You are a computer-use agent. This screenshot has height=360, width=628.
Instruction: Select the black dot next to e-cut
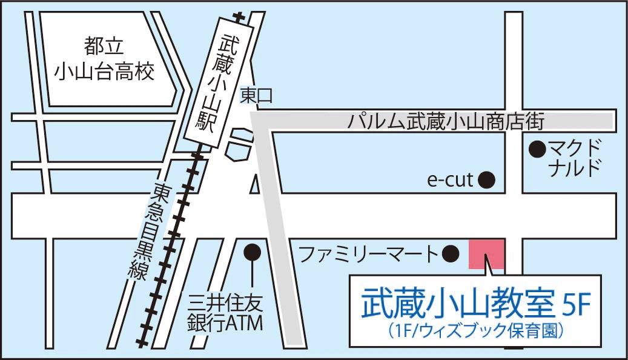[x=487, y=179]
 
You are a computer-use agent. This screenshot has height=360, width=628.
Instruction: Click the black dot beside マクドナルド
[x=536, y=147]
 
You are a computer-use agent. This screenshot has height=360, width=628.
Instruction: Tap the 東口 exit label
[x=257, y=95]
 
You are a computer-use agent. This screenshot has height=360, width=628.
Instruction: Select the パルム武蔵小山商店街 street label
[x=447, y=121]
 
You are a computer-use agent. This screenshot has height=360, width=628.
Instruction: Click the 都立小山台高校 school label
[x=104, y=58]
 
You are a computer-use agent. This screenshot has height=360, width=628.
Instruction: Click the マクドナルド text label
[x=575, y=157]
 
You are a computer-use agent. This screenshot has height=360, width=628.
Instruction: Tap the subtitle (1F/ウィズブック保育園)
[x=475, y=331]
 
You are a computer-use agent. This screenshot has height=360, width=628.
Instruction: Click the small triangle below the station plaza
[x=255, y=183]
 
